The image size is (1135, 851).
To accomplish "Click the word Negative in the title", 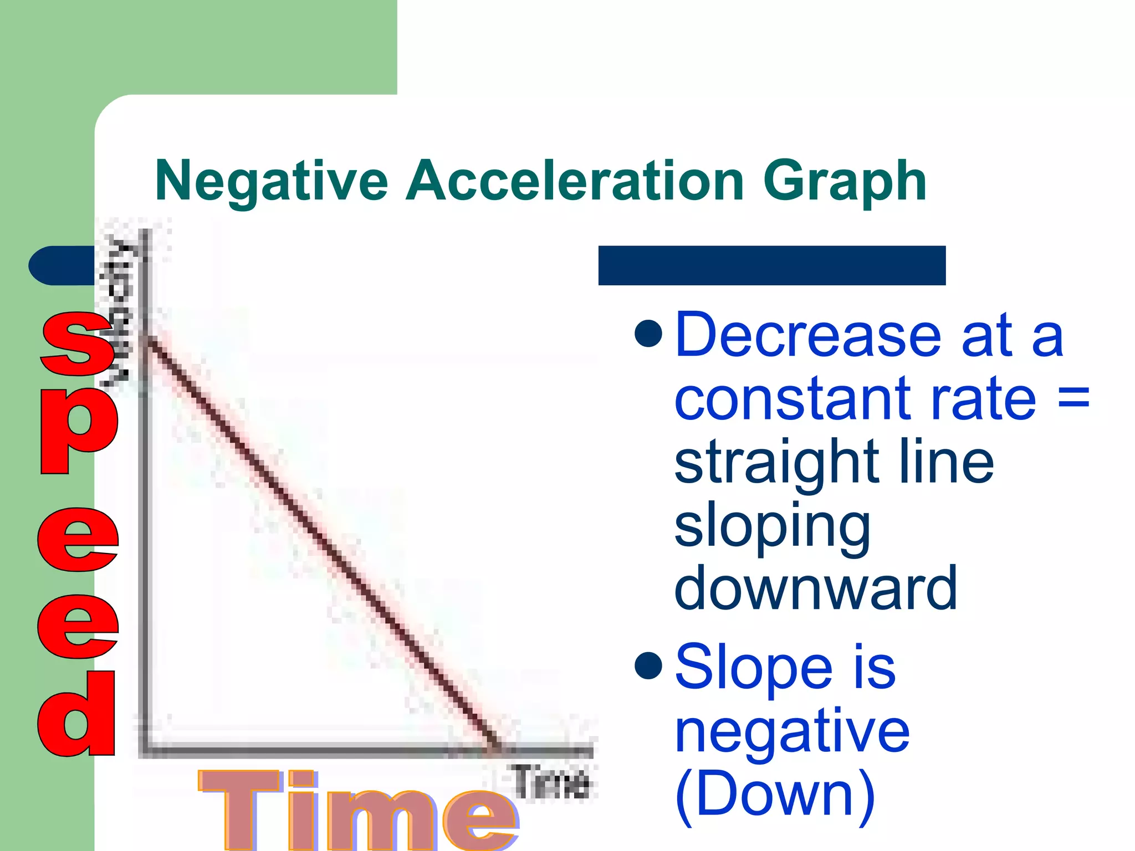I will point(272,181).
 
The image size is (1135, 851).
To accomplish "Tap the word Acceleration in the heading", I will point(574,181).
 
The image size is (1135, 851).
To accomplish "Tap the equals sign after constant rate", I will point(1073,399).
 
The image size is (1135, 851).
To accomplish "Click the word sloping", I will point(772,526).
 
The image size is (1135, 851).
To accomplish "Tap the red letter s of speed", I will point(78,344).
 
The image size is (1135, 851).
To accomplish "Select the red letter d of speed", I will point(78,715).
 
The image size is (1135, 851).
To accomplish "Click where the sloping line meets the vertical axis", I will point(146,339).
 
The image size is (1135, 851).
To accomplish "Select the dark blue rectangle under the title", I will point(771,265).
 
